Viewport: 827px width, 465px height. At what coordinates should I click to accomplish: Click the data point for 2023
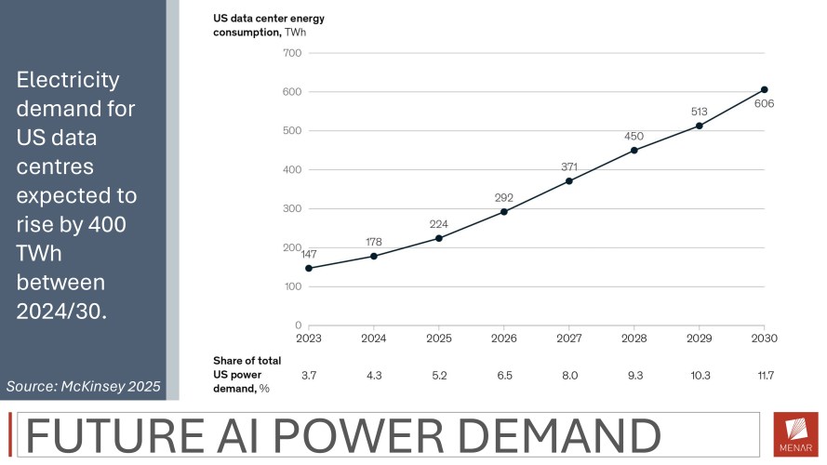(x=309, y=268)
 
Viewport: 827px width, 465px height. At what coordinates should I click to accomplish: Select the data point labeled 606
(x=764, y=89)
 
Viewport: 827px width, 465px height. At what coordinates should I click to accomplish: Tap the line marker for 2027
(x=569, y=180)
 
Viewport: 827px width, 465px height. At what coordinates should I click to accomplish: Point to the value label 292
(x=504, y=197)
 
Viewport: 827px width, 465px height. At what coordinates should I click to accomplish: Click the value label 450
(x=634, y=136)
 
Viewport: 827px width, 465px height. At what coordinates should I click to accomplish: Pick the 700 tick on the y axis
(x=290, y=53)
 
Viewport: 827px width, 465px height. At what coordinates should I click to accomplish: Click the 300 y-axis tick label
(x=290, y=208)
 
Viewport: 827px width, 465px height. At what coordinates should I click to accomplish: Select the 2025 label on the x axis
(x=438, y=338)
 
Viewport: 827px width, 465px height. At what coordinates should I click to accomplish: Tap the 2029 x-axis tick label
(x=699, y=338)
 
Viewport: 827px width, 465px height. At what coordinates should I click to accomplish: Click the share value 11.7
(x=764, y=374)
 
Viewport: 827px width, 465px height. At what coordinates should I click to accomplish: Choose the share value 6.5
(x=503, y=374)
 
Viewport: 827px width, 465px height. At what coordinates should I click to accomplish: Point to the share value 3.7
(x=309, y=374)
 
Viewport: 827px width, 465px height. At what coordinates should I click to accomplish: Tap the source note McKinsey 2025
(x=84, y=386)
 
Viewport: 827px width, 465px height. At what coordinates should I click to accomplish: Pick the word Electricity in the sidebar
(x=68, y=81)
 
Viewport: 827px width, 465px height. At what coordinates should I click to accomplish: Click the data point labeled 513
(x=699, y=126)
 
